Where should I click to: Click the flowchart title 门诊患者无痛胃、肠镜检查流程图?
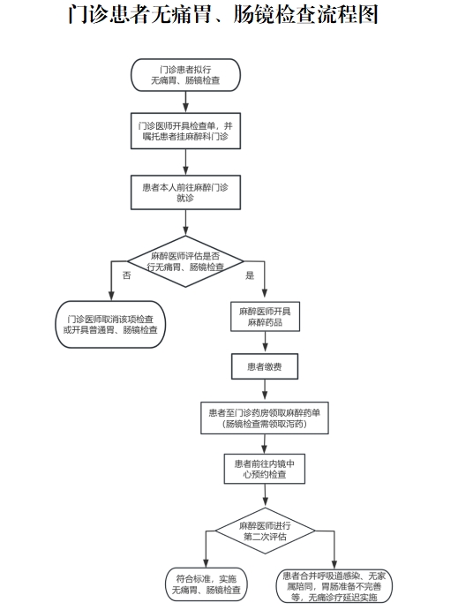point(223,15)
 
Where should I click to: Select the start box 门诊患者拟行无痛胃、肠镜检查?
point(185,75)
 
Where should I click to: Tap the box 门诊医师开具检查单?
point(185,131)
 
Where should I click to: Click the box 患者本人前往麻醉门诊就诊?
point(185,192)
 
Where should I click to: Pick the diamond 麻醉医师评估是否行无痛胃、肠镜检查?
point(185,261)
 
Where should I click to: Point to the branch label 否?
point(127,275)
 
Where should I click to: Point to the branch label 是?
point(250,275)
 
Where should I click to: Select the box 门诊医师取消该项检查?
point(110,325)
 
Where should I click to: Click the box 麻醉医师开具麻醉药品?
point(265,317)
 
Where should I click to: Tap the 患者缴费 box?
point(265,366)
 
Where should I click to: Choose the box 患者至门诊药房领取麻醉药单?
point(265,418)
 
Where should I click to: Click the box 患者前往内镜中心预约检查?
point(265,469)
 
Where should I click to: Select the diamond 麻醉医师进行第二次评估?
point(265,531)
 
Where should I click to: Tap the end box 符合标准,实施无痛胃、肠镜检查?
point(206,584)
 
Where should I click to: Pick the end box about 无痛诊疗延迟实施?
point(334,586)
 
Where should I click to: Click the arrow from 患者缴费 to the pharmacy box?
point(265,390)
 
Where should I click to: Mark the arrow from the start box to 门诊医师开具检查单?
point(185,102)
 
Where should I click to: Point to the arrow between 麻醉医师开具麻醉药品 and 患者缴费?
point(265,343)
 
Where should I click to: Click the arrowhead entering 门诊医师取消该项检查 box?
point(111,297)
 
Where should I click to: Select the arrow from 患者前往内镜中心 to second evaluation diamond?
point(265,495)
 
